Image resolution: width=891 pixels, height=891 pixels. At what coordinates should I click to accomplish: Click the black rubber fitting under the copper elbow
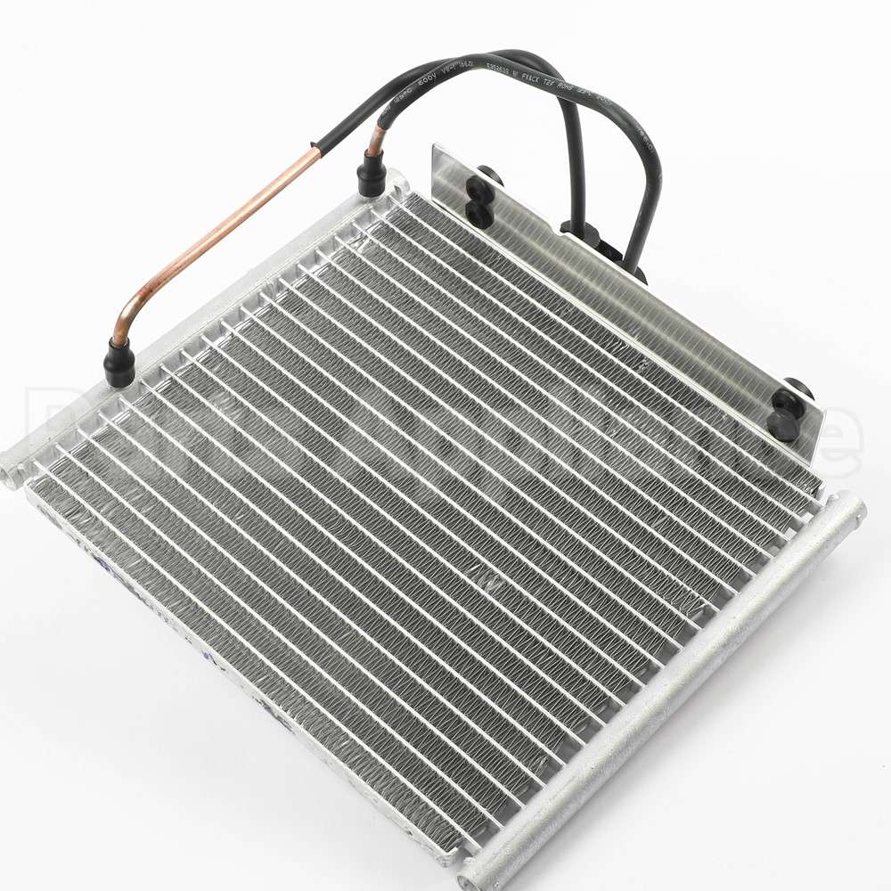tap(119, 363)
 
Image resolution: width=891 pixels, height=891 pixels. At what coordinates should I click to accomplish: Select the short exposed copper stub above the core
tap(378, 141)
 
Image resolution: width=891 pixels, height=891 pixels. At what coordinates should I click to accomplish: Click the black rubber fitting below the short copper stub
tap(371, 175)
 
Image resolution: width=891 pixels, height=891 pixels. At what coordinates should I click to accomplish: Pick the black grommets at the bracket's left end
tap(481, 196)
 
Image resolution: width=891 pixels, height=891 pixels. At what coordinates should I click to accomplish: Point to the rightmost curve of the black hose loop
tap(658, 178)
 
